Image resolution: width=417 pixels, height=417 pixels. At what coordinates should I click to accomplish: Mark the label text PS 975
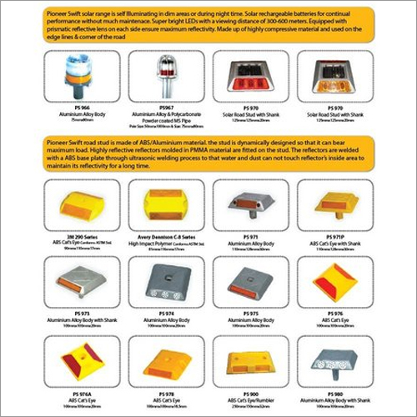[247, 313]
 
